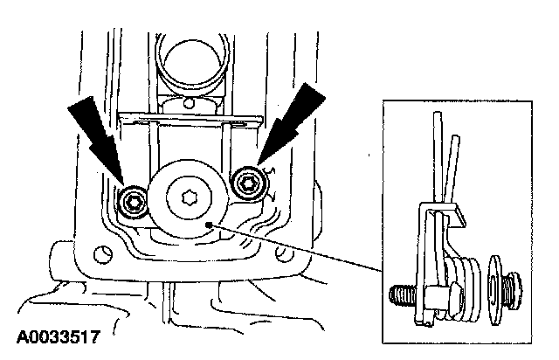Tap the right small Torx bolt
(x=247, y=183)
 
